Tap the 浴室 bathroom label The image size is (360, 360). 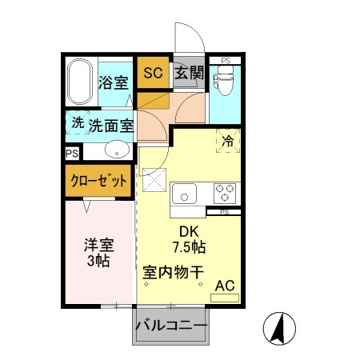(x=113, y=82)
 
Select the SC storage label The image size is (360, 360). (x=153, y=74)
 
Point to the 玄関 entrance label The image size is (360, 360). (x=189, y=74)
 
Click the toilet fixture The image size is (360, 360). (x=226, y=78)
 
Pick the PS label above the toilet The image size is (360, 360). (x=226, y=60)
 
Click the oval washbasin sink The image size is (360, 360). (x=118, y=149)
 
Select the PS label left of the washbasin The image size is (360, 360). (x=72, y=152)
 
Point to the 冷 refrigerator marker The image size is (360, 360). (x=227, y=139)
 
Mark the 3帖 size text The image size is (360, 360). (x=97, y=261)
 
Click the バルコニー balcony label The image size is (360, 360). (x=171, y=326)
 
